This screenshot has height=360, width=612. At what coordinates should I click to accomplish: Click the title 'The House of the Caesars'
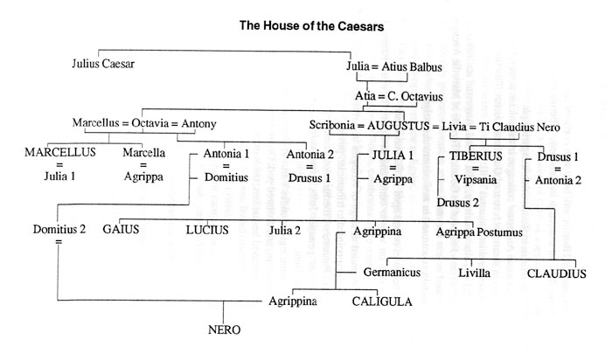pos(311,26)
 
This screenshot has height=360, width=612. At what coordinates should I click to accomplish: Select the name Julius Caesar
pos(103,64)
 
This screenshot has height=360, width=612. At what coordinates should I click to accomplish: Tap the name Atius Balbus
pos(412,67)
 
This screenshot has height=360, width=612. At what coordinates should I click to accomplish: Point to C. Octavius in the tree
pos(415,96)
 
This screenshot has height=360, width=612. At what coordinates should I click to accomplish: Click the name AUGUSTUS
pos(398,126)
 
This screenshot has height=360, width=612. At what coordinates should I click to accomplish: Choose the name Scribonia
pos(331,125)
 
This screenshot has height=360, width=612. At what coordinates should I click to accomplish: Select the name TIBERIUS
pos(476,156)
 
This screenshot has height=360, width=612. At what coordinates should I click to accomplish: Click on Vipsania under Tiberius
pos(476,180)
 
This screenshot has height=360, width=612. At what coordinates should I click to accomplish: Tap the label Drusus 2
pos(457,203)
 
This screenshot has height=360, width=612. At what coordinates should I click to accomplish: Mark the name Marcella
pos(143,153)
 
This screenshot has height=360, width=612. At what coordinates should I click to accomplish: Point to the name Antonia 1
pos(226,154)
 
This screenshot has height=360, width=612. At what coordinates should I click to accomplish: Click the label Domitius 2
pos(59,229)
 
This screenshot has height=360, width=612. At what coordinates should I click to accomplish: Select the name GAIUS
pos(121,229)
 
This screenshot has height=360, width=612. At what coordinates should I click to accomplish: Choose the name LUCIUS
pos(207,230)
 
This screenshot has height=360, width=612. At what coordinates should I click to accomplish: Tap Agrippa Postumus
pos(479,232)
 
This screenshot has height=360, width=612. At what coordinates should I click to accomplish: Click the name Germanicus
pos(392,273)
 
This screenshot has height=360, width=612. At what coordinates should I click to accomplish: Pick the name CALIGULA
pos(382,301)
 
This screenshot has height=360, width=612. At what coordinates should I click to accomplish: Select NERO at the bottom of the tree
pos(224,330)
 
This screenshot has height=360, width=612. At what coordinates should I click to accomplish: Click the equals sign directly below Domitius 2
pos(59,242)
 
